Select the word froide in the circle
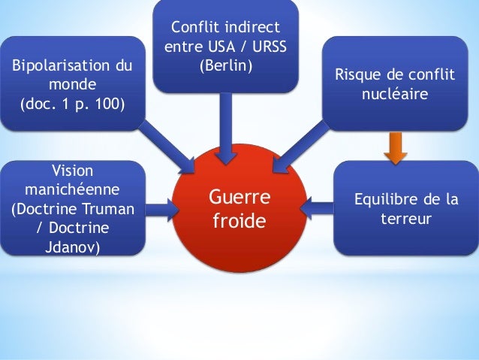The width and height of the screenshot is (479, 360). click(x=239, y=223)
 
